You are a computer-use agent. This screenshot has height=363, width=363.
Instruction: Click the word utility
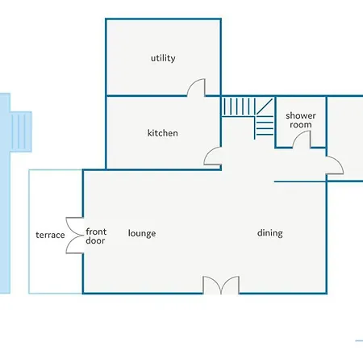(163, 58)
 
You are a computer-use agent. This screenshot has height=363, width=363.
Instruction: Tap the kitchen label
(162, 133)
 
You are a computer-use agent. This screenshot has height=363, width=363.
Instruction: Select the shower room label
(301, 120)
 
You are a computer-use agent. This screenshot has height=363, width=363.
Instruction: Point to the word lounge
(142, 233)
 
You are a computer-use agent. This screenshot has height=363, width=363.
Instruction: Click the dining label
(269, 233)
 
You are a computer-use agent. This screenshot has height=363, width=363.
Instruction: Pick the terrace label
(50, 235)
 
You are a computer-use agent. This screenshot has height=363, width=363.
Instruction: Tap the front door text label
(96, 236)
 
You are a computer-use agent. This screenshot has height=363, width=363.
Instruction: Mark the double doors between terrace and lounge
(74, 236)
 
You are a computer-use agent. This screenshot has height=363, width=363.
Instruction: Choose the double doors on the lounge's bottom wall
(221, 285)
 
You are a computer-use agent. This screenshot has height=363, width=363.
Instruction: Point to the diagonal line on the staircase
(264, 106)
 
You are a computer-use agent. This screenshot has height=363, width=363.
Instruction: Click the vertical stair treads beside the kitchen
(238, 106)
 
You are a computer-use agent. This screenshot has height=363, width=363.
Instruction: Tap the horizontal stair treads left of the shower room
(265, 128)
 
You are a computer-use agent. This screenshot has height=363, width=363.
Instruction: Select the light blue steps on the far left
(21, 131)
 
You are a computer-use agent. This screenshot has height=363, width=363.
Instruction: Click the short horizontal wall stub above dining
(300, 181)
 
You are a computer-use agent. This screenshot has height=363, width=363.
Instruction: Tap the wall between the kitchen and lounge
(164, 169)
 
